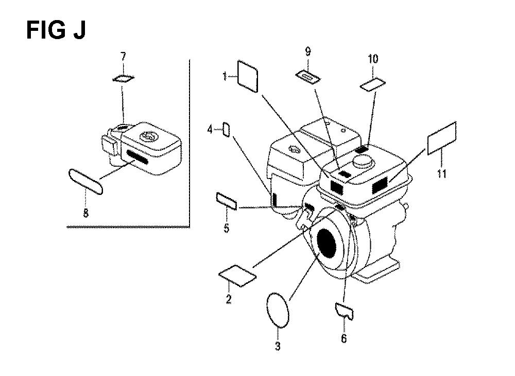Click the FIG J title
[56, 30]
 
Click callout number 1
[225, 77]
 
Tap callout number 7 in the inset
[123, 57]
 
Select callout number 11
[442, 173]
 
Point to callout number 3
[278, 346]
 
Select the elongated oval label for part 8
[86, 182]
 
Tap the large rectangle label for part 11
[442, 138]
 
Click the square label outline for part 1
[247, 76]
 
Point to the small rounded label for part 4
[226, 130]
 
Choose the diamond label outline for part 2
[237, 276]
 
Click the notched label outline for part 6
[344, 312]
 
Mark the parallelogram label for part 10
[373, 84]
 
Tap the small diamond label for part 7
[123, 79]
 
